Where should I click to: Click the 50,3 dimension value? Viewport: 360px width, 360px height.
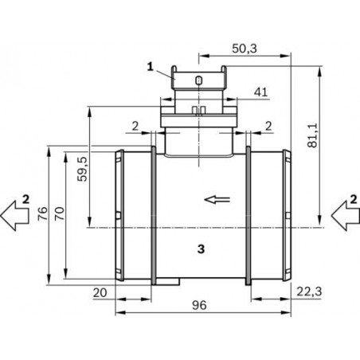tap(245, 49)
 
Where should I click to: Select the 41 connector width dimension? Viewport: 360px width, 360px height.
tap(259, 93)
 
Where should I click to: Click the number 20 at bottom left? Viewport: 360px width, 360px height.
tap(100, 293)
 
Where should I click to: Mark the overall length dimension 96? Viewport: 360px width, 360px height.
tap(199, 304)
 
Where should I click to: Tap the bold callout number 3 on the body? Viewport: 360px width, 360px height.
tap(201, 249)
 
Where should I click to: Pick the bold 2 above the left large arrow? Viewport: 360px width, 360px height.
tap(25, 197)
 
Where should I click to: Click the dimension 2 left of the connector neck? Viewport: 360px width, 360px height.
tap(136, 124)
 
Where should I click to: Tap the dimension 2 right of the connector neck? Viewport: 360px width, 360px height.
tap(268, 124)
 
